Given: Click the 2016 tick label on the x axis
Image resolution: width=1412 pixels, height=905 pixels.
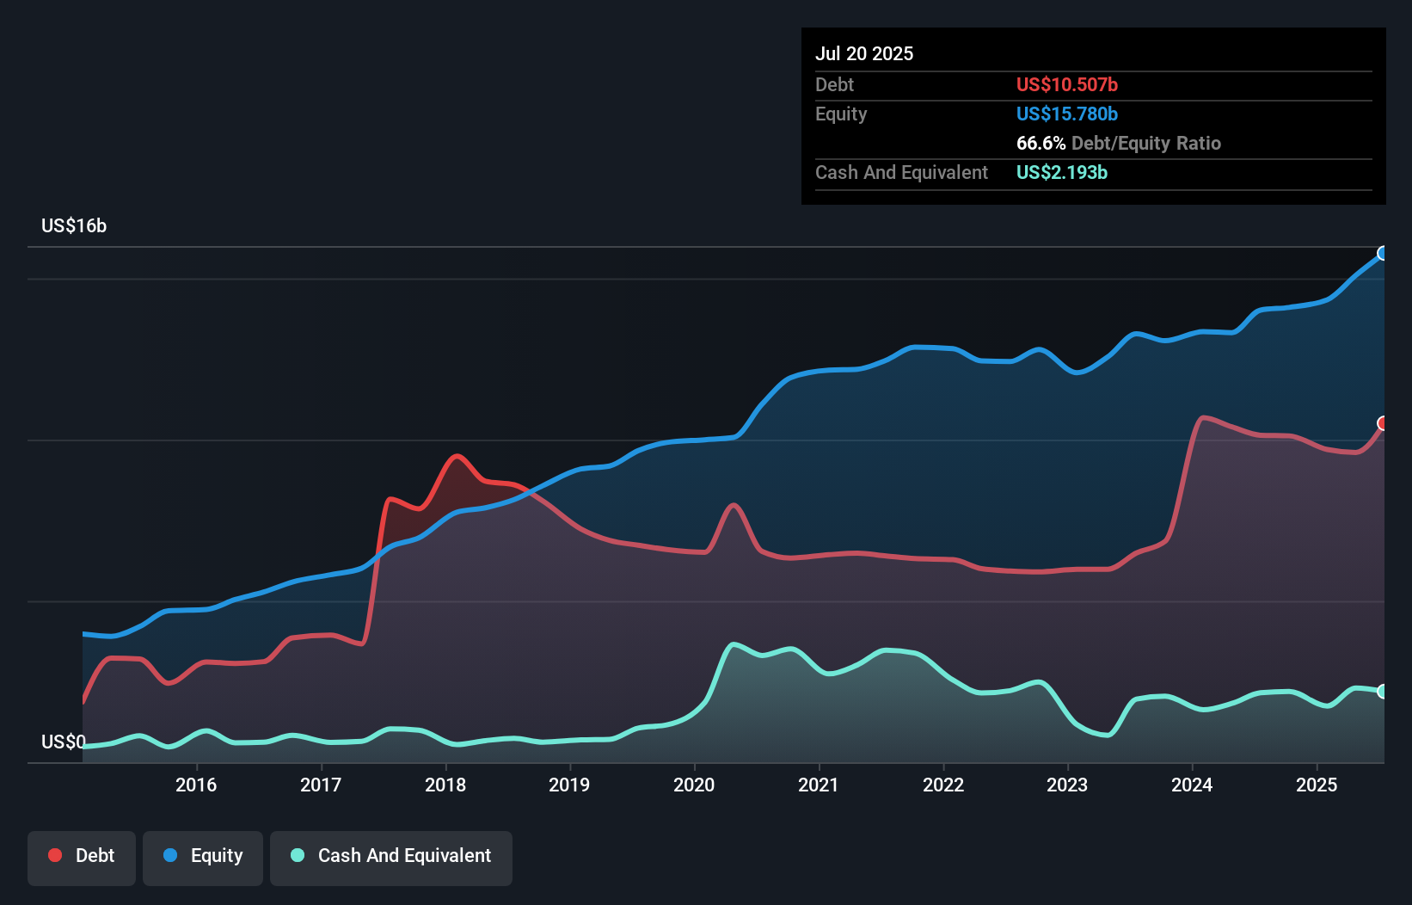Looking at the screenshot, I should (196, 785).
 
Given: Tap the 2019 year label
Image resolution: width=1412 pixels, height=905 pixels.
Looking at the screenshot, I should (569, 785).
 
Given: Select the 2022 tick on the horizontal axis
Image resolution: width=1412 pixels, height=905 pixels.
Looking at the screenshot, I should (943, 785).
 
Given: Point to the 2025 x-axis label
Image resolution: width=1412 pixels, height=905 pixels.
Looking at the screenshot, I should (1317, 785).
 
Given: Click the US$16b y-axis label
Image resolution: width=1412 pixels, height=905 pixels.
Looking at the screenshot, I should (74, 226).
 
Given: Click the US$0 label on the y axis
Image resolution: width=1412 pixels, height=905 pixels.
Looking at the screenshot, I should (64, 742).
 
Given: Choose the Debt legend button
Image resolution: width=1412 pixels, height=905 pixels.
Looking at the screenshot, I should (82, 856).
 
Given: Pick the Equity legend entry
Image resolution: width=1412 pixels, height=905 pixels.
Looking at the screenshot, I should (203, 856).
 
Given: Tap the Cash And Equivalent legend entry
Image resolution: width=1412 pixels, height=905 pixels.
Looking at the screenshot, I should (391, 856).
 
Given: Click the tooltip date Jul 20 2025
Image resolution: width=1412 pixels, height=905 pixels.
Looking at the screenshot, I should (864, 53).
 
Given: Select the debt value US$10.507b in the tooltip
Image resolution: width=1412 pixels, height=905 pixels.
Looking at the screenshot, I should (1066, 84).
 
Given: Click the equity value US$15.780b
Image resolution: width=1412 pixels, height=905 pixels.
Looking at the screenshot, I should (1066, 114).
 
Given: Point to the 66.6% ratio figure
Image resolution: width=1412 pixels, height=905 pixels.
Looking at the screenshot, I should (1041, 143).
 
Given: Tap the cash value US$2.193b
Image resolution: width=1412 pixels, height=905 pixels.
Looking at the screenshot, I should (1061, 172).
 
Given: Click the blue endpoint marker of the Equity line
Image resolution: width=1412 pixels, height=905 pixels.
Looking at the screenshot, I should (1383, 253).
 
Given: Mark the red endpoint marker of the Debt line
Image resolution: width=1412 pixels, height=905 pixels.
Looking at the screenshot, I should (1383, 423).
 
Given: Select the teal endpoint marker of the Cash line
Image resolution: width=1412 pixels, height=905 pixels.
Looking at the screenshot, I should (1383, 691).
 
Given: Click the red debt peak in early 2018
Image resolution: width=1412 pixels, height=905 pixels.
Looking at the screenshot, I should (457, 456).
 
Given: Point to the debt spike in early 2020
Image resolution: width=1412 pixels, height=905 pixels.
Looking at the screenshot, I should (733, 505).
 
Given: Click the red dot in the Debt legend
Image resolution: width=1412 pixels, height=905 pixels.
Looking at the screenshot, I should (55, 855).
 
